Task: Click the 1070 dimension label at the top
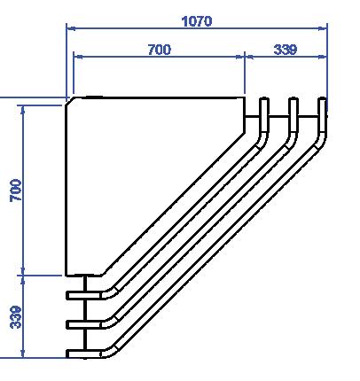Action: [x=197, y=21]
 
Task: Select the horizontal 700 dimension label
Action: [x=160, y=50]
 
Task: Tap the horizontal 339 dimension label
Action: [x=286, y=50]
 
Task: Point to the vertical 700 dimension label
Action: [x=16, y=190]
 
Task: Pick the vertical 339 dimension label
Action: [x=16, y=317]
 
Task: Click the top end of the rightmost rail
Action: [x=323, y=98]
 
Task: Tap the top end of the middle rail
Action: [x=293, y=98]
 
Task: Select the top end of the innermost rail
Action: [x=264, y=98]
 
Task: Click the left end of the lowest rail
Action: [x=67, y=354]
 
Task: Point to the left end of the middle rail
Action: [x=67, y=324]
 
